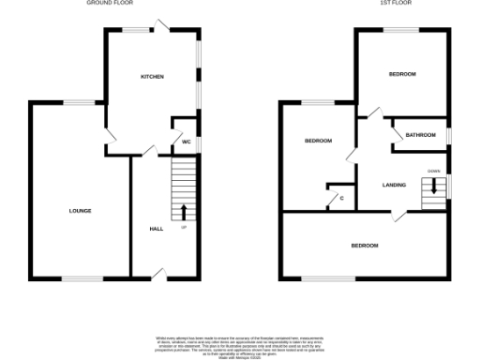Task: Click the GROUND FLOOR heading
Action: pos(110,4)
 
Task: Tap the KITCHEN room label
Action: pos(152,76)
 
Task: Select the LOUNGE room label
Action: pos(80,210)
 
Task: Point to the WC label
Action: pos(186,142)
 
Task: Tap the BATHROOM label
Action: pos(420,135)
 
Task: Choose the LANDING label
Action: pos(395,185)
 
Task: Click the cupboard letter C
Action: pos(341,198)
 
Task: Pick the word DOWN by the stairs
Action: pos(433,171)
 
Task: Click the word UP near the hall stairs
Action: pos(184,227)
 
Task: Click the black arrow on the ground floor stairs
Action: pos(184,212)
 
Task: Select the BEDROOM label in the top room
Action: pos(402,74)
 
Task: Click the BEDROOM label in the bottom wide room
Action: pos(365,246)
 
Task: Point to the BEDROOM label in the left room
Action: pos(318,141)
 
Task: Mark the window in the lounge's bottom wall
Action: pos(79,277)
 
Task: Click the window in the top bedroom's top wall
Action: pos(401,29)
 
